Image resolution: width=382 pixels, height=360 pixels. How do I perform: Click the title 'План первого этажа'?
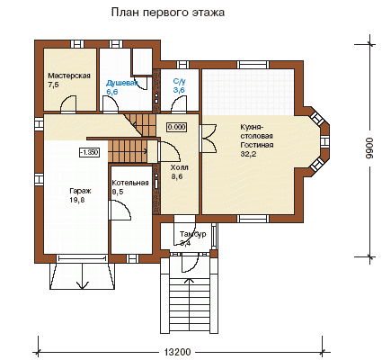tap(168, 13)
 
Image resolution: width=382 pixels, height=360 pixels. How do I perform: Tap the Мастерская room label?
tap(69, 76)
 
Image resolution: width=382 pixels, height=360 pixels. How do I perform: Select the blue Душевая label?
tap(122, 83)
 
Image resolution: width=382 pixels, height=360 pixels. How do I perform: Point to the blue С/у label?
tap(180, 81)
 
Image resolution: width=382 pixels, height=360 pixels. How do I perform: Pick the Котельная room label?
tap(130, 183)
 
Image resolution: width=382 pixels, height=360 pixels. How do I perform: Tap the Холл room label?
tap(179, 167)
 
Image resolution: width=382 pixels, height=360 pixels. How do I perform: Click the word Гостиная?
tap(257, 145)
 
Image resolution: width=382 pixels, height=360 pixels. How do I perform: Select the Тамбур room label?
tap(192, 234)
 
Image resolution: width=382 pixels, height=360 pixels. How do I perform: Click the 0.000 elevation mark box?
tap(176, 127)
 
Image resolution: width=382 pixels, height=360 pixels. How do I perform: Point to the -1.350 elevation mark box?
tap(89, 152)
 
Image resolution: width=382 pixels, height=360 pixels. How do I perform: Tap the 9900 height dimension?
tap(370, 148)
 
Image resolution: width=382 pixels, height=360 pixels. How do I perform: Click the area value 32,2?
tap(245, 154)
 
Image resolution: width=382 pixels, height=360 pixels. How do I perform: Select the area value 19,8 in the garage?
tap(77, 200)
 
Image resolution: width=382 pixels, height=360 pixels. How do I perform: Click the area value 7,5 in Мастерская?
tap(53, 85)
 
